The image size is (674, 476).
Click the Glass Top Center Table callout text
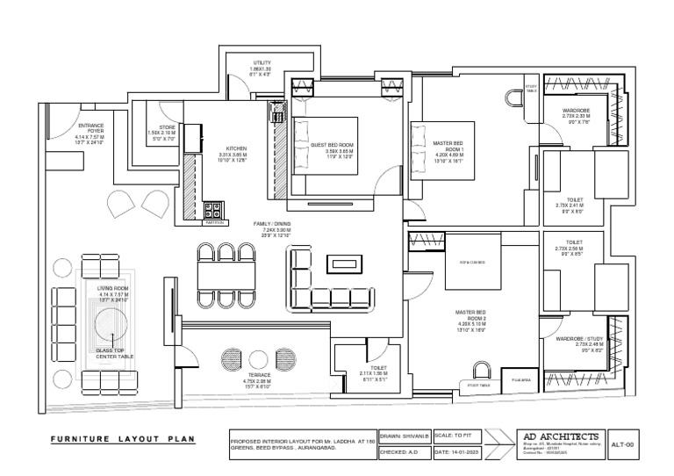click(x=116, y=353)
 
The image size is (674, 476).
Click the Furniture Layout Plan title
click(x=121, y=439)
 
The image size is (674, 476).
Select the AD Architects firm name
click(x=562, y=436)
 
